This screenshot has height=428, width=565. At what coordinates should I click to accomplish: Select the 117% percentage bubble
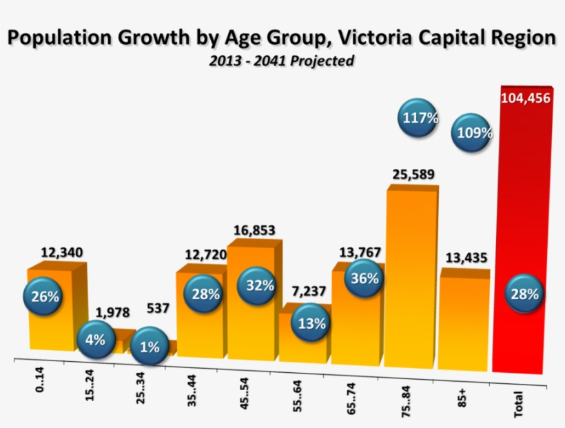click(420, 118)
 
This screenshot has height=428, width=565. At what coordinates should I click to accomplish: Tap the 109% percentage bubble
click(473, 132)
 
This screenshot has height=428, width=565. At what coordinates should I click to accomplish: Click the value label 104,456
click(525, 98)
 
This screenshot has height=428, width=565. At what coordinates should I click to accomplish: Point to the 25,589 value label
click(413, 174)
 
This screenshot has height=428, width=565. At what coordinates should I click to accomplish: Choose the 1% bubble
click(150, 347)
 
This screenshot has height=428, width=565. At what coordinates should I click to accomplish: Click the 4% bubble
click(96, 339)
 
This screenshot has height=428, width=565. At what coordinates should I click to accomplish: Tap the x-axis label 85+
click(462, 397)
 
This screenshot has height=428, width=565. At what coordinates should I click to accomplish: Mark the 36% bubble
click(364, 278)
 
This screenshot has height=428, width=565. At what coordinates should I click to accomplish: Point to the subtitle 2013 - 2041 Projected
click(282, 61)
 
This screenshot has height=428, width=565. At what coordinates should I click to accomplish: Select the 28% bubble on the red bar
click(525, 292)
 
